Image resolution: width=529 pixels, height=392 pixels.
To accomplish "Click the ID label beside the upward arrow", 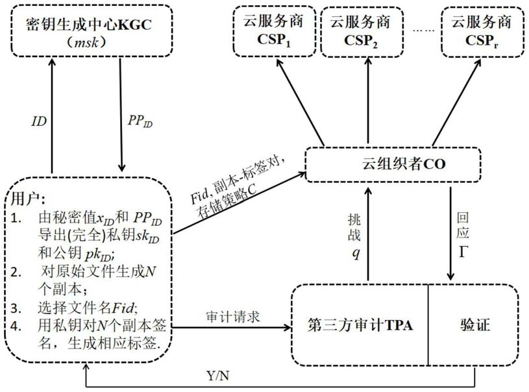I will coord(38,121).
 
